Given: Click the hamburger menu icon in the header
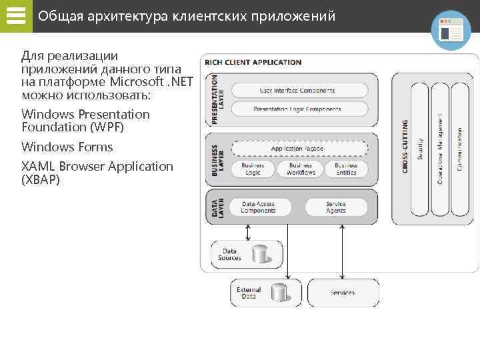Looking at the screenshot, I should (15, 16).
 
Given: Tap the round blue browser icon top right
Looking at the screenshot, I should (451, 30).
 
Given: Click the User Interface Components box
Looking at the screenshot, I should (297, 91).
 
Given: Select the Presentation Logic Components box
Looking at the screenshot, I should (297, 109).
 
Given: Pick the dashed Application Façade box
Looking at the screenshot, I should (297, 149).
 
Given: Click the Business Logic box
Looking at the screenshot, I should (252, 169).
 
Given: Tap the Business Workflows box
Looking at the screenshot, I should (301, 169).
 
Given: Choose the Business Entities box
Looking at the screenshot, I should (346, 169).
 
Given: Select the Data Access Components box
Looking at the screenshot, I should (258, 207).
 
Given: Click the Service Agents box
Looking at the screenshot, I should (336, 207).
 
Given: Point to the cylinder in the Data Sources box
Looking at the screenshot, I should (259, 254).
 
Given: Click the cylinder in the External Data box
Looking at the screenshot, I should (278, 292).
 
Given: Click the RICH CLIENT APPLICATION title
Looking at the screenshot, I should (253, 63).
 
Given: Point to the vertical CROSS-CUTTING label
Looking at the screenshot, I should (405, 147).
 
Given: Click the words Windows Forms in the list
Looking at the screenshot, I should (67, 147).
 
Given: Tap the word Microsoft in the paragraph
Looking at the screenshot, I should (138, 82).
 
